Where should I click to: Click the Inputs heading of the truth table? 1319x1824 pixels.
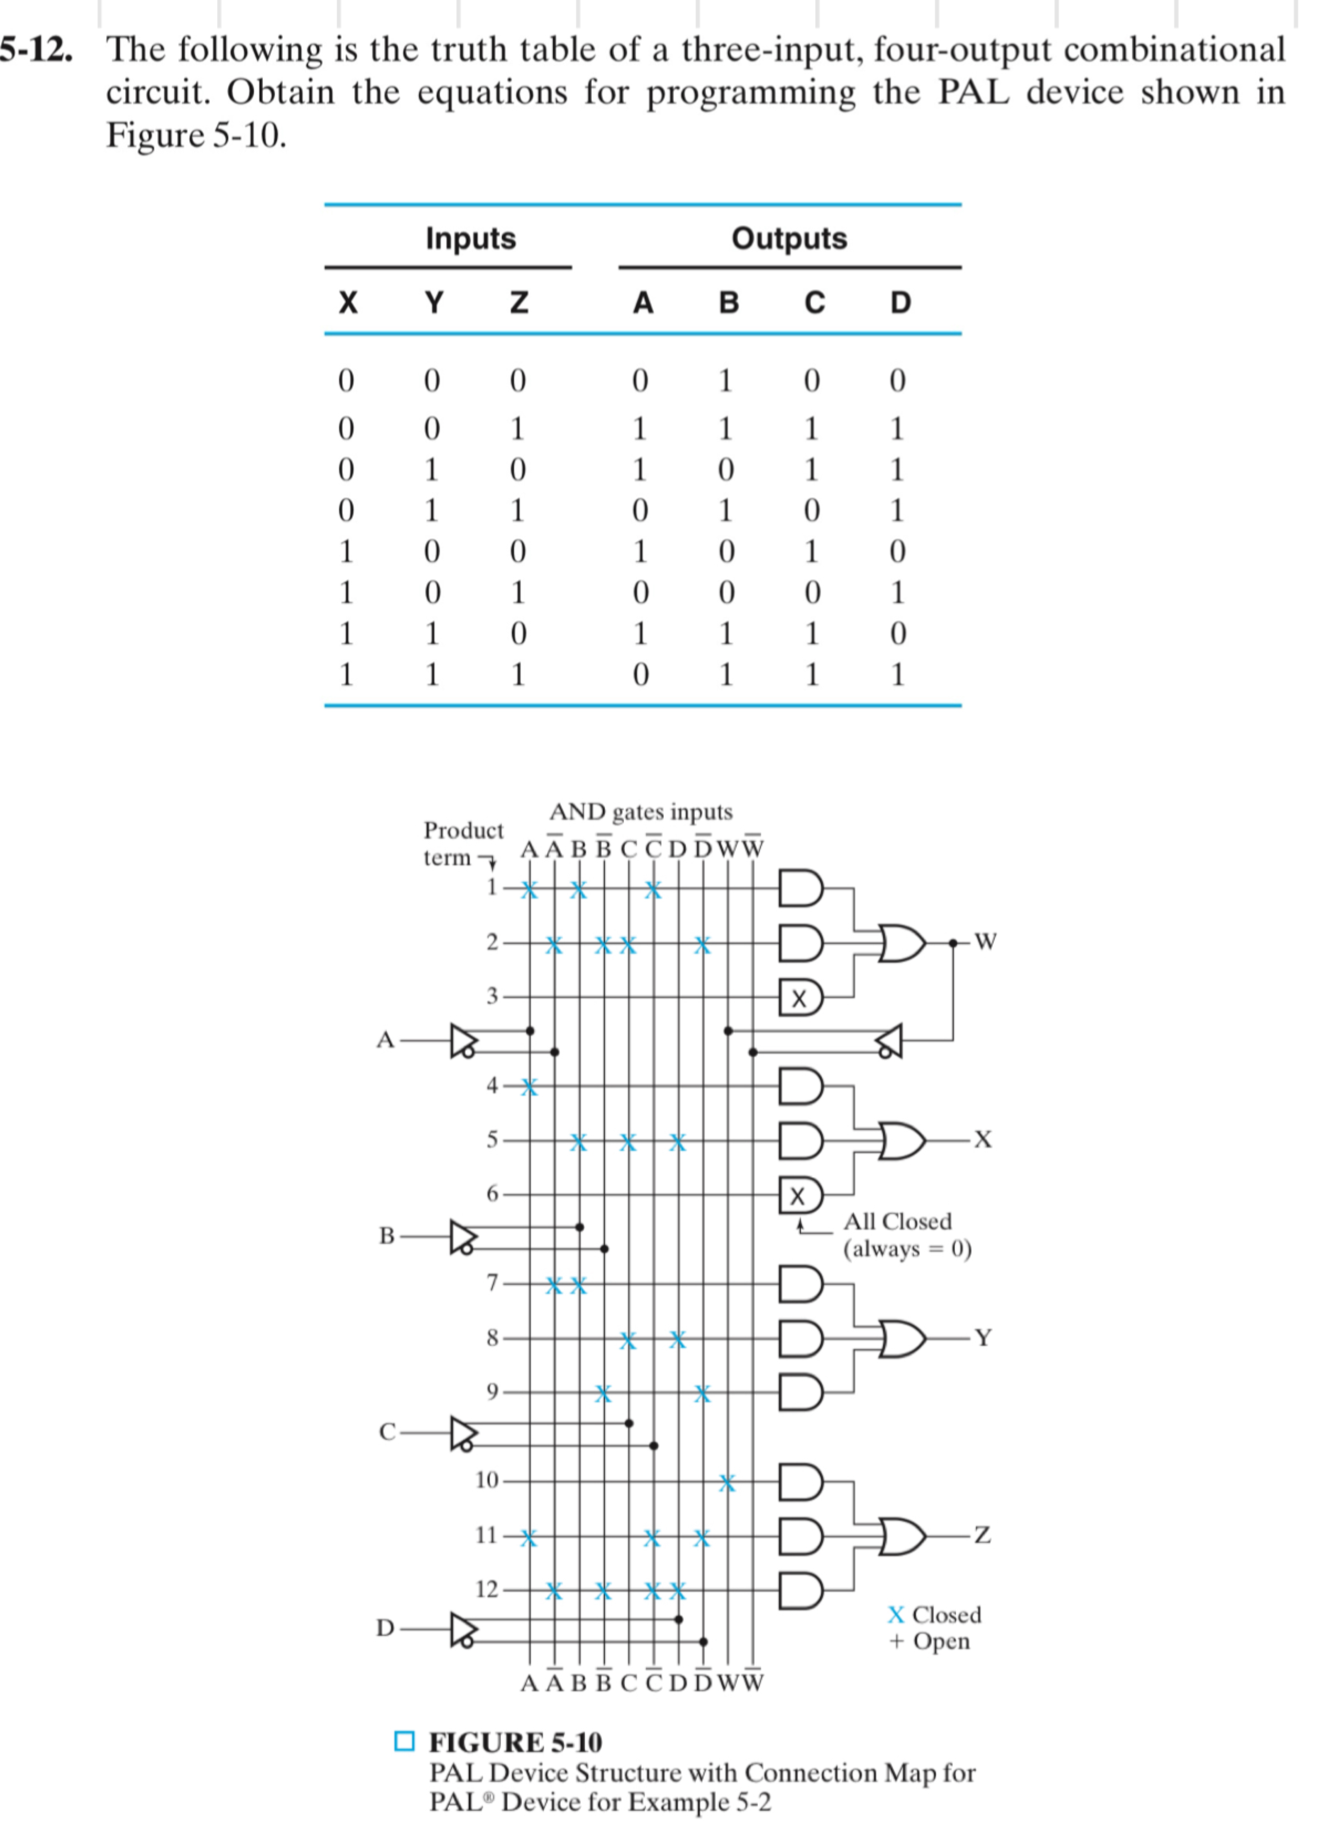point(471,239)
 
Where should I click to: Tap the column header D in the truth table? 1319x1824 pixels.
point(900,303)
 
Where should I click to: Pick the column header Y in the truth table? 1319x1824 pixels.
point(432,303)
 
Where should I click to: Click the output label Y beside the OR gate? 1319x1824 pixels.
point(983,1338)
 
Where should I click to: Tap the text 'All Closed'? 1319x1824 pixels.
point(896,1222)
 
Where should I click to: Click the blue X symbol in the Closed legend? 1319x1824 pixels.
point(896,1615)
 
